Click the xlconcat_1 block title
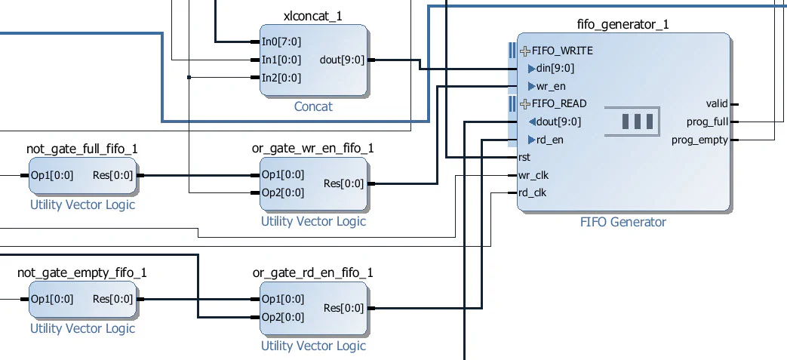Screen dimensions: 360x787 [x=312, y=16]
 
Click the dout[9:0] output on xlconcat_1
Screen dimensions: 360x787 [x=342, y=60]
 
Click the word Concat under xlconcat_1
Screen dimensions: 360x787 [x=312, y=107]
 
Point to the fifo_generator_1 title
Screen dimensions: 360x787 [x=623, y=24]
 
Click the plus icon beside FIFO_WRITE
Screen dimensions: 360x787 [x=525, y=51]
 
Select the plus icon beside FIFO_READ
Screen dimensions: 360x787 [x=525, y=104]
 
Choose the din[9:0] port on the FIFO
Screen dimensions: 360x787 [x=555, y=69]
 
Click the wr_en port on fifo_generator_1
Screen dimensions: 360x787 [x=550, y=86]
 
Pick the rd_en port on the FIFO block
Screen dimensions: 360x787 [x=549, y=140]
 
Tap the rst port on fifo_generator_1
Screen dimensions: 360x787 [x=524, y=158]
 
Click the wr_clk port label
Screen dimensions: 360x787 [x=532, y=175]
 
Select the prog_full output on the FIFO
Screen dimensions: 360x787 [x=707, y=122]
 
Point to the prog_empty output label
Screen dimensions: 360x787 [x=699, y=140]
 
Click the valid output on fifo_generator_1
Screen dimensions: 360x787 [x=716, y=104]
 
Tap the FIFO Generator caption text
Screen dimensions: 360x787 [x=623, y=222]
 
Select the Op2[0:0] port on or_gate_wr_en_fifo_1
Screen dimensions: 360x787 [x=282, y=192]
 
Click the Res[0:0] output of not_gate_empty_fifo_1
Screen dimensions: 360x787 [x=112, y=299]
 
